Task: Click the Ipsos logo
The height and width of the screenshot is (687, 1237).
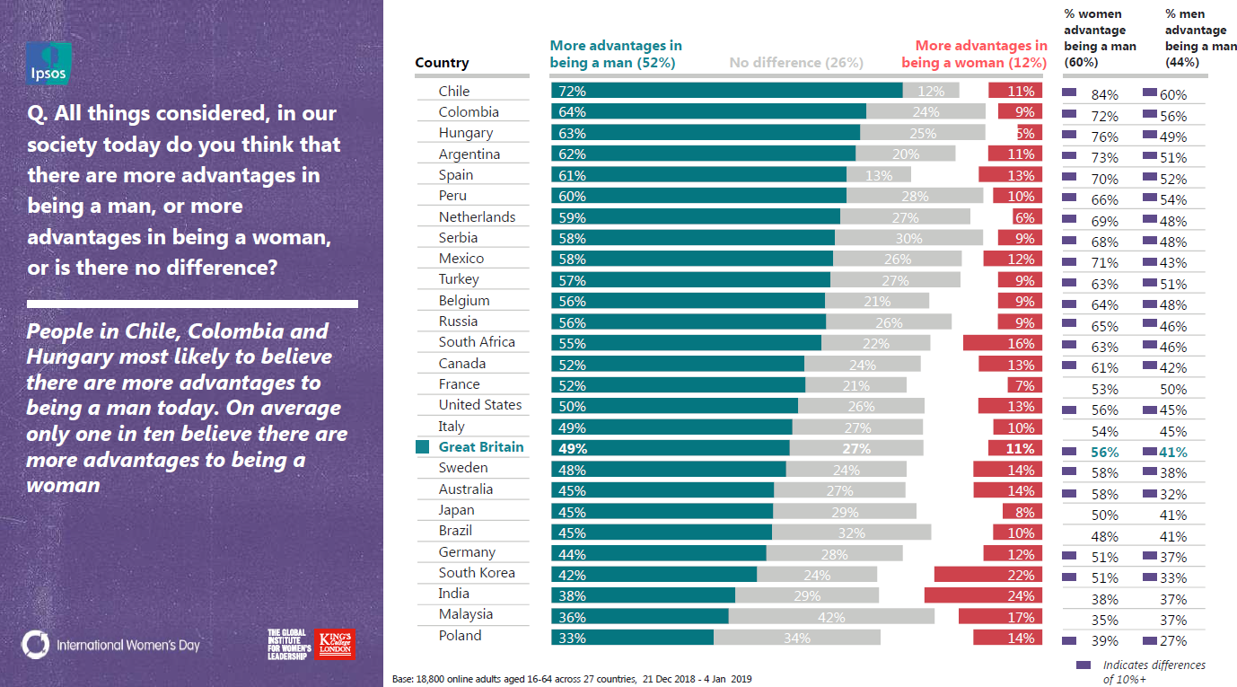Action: point(48,64)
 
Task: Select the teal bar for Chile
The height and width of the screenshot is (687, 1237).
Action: point(726,90)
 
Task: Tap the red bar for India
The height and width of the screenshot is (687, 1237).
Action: point(984,595)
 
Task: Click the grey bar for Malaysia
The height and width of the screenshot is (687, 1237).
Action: point(831,617)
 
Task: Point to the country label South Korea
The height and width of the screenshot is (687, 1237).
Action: point(477,573)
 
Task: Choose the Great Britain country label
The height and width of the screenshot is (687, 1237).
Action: point(480,447)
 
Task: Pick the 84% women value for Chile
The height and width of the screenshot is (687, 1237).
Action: point(1104,95)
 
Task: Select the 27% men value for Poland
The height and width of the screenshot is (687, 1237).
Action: point(1172,641)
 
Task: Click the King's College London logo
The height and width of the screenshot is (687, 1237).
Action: point(336,644)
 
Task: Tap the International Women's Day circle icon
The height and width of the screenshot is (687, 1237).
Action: point(36,644)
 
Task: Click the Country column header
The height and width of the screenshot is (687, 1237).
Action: point(442,63)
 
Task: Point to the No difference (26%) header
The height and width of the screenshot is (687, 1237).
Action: point(796,63)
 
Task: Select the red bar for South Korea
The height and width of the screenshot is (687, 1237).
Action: point(988,575)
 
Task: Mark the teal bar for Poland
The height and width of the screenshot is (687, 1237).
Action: point(632,638)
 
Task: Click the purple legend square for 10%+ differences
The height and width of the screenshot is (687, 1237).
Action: point(1083,665)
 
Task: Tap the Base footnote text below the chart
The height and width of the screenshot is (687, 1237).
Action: point(573,679)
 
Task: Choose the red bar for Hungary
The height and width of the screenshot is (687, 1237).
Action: point(1030,132)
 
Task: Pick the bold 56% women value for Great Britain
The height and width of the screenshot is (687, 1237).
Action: point(1104,453)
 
